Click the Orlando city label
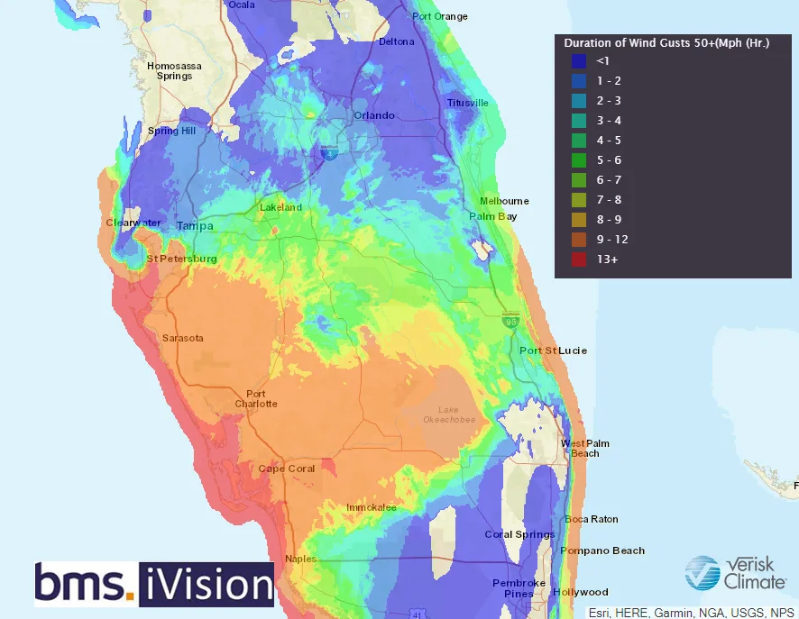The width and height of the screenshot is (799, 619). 373,115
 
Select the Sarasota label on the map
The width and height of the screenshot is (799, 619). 182,338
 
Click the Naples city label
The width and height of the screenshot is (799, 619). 300,559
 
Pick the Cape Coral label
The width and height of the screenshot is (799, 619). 286,469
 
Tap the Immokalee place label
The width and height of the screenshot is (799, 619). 371,507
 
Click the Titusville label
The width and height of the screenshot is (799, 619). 467,103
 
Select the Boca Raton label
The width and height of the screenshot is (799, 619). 592,519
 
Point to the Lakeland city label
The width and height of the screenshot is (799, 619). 280,207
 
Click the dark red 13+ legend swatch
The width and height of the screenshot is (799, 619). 579,259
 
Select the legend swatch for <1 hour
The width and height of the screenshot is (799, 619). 579,61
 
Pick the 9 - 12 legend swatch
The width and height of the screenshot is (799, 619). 579,240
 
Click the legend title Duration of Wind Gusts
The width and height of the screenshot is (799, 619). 666,42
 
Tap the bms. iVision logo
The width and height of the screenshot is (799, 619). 153,584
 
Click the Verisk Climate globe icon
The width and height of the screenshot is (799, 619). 702,572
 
